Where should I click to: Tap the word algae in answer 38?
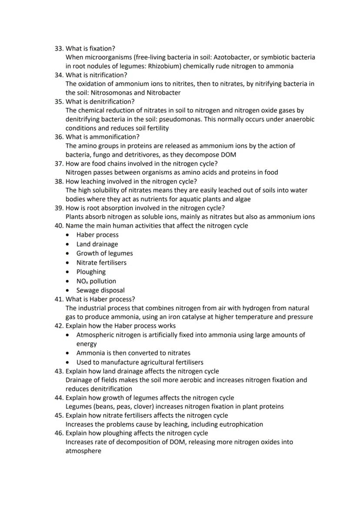coord(241,199)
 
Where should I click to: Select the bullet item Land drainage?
coord(97,244)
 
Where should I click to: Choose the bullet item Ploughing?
coord(91,272)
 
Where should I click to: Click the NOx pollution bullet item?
coord(96,281)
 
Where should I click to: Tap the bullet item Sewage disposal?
coord(100,290)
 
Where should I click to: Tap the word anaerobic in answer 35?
coord(300,119)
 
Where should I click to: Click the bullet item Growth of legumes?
coord(104,253)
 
